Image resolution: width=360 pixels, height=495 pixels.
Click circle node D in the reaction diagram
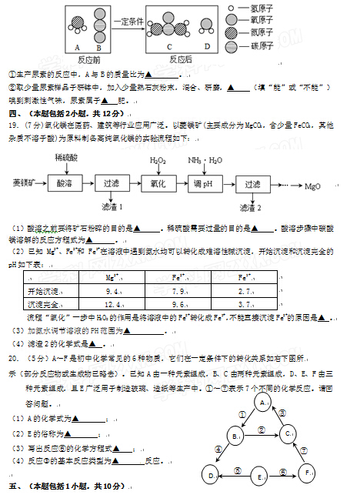[212, 477]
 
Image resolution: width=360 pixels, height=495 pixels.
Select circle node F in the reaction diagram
[308, 471]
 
